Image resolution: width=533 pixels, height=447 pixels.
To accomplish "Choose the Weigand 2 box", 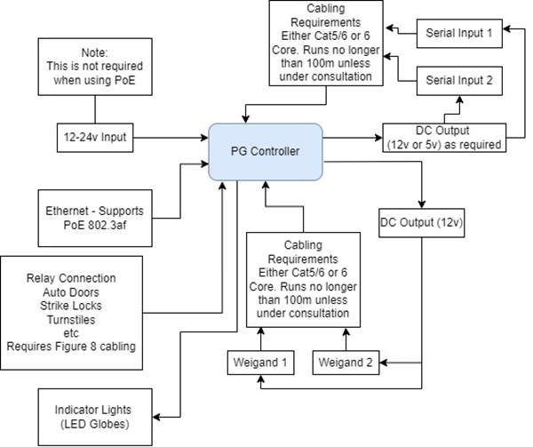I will pos(349,363).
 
